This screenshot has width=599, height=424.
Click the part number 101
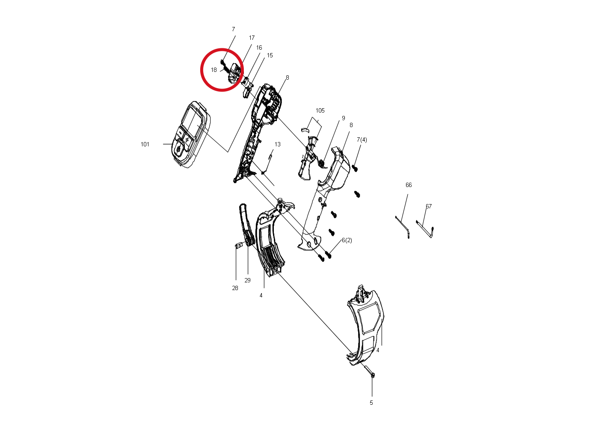[x=145, y=144]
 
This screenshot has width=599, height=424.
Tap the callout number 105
[x=320, y=110]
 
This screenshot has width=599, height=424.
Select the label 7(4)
[x=362, y=139]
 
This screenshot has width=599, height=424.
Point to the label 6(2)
[x=347, y=240]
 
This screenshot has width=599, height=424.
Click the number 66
[x=409, y=185]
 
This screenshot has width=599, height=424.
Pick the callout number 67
[x=429, y=206]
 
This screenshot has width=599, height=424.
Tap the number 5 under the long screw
[x=371, y=403]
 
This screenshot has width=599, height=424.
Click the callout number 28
[x=235, y=288]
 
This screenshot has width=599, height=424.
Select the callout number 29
[x=247, y=280]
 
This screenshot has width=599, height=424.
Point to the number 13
[x=277, y=144]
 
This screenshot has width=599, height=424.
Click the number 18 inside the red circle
[x=214, y=70]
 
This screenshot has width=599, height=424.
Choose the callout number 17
[x=252, y=38]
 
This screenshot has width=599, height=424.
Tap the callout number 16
[x=259, y=47]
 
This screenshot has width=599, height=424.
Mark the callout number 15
[x=270, y=55]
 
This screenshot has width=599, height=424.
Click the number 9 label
[x=343, y=118]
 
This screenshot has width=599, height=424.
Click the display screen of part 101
[x=192, y=122]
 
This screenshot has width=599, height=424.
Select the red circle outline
[x=201, y=70]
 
